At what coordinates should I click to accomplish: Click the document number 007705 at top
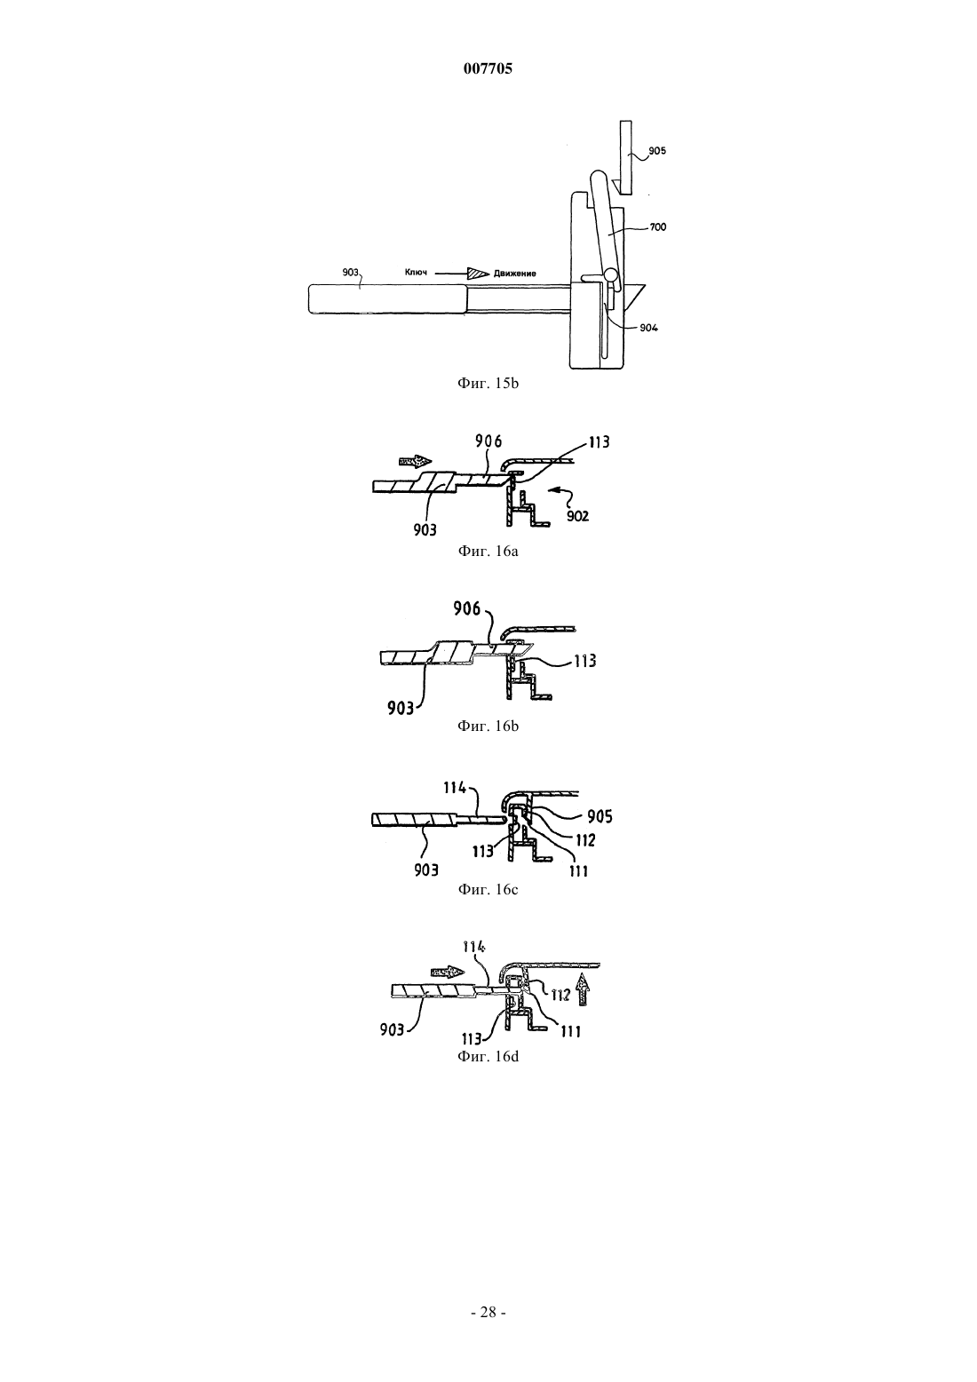point(488,68)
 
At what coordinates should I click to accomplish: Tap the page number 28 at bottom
point(488,1313)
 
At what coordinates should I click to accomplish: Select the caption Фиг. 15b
point(488,383)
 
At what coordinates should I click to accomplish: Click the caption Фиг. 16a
point(488,551)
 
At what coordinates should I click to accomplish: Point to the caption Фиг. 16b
point(488,726)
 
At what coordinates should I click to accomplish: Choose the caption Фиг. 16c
point(488,889)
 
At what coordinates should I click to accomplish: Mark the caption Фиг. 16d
point(488,1056)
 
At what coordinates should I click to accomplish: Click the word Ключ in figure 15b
point(416,272)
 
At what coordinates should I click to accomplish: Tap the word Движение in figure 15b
point(514,274)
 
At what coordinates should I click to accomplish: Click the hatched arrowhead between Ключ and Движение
point(478,273)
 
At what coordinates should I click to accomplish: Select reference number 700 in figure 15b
point(657,227)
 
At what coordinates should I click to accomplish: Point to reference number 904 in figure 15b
point(648,329)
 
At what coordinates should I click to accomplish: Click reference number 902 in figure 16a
point(578,516)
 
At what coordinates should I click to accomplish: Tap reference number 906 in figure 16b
point(467,609)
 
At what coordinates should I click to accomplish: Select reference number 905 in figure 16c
point(600,817)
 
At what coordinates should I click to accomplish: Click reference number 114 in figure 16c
point(456,788)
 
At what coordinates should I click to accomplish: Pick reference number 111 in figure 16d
point(570,1031)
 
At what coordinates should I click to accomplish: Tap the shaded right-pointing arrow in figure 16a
point(417,461)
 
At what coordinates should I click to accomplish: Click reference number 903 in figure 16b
point(401,708)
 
